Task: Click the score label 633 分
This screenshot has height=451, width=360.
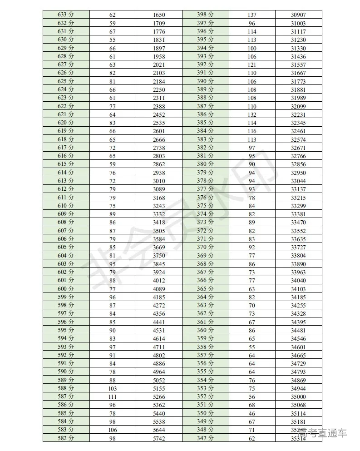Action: tap(66, 15)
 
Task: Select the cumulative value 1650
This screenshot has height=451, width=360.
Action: tap(159, 15)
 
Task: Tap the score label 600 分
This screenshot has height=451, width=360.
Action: tap(66, 289)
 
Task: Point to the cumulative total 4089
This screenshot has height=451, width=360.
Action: tap(159, 289)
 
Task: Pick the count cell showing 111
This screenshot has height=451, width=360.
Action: tap(113, 396)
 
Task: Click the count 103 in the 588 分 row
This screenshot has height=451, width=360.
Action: tap(113, 388)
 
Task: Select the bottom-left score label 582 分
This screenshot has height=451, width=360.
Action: tap(66, 438)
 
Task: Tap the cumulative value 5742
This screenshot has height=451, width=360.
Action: tap(159, 438)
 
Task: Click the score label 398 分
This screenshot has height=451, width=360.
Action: tap(205, 15)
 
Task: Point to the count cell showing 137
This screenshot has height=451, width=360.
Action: tap(252, 15)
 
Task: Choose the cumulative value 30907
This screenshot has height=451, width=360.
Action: tap(298, 15)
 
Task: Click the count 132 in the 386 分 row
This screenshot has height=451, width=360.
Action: tap(252, 114)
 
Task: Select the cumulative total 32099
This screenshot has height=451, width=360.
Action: tap(298, 106)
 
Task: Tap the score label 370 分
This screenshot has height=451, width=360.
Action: tap(205, 247)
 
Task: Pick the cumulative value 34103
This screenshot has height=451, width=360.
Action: tap(298, 289)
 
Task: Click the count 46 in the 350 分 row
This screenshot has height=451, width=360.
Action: tap(252, 413)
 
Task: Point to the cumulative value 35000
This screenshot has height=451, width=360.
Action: tap(298, 396)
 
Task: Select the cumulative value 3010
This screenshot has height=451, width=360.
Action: tap(159, 181)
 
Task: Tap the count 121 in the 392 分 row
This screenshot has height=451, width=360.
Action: tap(252, 64)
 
